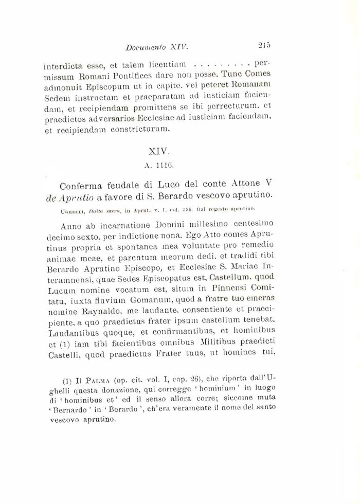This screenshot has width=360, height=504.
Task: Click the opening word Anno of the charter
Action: pos(72,225)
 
